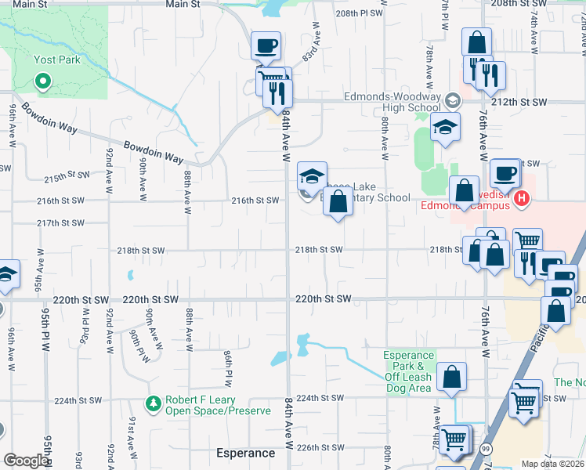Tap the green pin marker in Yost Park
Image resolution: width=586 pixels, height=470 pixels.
pos(43,79)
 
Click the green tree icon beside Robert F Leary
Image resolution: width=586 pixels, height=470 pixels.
pos(154,403)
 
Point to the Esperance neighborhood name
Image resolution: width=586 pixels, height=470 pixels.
pos(246,453)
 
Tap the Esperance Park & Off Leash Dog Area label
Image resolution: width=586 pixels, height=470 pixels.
pos(407,371)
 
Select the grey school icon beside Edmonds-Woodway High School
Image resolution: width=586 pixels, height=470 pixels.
pos(452,101)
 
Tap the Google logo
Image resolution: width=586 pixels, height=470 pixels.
pos(25,461)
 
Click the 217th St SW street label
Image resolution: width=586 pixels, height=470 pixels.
pos(60,223)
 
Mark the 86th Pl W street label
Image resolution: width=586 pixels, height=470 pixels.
pos(226,368)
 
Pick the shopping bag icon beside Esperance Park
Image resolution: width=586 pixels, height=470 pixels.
pos(452,377)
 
